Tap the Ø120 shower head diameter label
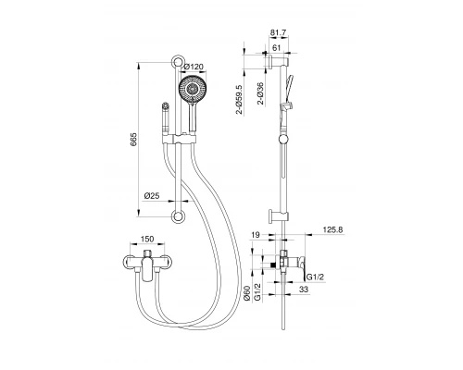click(x=194, y=67)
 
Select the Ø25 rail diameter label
click(x=154, y=195)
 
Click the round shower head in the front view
click(x=191, y=94)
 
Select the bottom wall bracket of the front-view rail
click(x=175, y=217)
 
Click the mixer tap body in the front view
click(x=144, y=261)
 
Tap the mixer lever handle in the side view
click(x=294, y=259)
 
